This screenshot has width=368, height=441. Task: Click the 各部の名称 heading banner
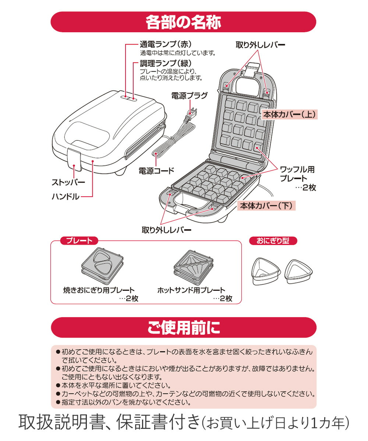pyautogui.click(x=183, y=22)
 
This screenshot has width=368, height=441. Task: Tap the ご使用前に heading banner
pyautogui.click(x=183, y=327)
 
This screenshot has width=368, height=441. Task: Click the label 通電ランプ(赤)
pyautogui.click(x=166, y=44)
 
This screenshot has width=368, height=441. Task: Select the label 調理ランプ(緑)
pyautogui.click(x=166, y=63)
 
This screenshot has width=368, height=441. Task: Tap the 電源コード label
pyautogui.click(x=156, y=171)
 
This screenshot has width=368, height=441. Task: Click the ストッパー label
pyautogui.click(x=68, y=182)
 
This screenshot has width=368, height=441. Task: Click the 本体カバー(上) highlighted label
pyautogui.click(x=289, y=114)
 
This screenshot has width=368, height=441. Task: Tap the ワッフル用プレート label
pyautogui.click(x=298, y=174)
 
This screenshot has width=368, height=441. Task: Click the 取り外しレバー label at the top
pyautogui.click(x=260, y=45)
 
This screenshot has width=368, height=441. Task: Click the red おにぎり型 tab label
pyautogui.click(x=273, y=241)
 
